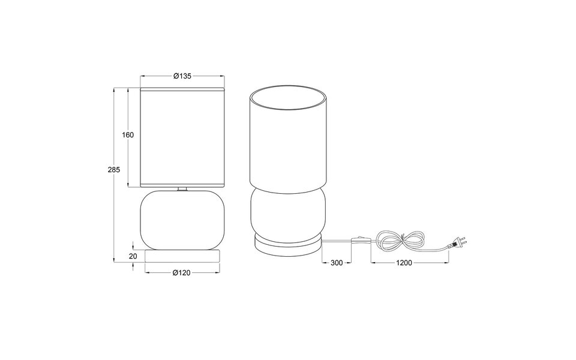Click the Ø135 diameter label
(x=182, y=76)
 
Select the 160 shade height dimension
(x=128, y=134)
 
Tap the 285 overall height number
(x=114, y=170)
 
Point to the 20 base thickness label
(x=133, y=256)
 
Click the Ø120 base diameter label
(x=181, y=273)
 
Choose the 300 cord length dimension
(x=337, y=263)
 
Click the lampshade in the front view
(x=182, y=136)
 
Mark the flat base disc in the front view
(x=182, y=256)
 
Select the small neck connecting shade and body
(x=182, y=189)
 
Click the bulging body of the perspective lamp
(x=289, y=212)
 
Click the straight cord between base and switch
(x=338, y=239)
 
